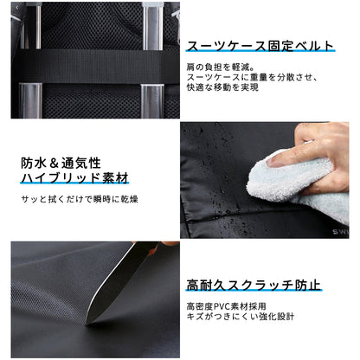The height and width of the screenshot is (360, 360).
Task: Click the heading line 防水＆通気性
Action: pos(61,162)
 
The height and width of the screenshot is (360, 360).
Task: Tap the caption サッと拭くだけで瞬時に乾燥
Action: pos(80,200)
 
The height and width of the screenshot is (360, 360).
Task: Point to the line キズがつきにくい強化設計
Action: pos(241,318)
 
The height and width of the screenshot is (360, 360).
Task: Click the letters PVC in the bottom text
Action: pos(228,305)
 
